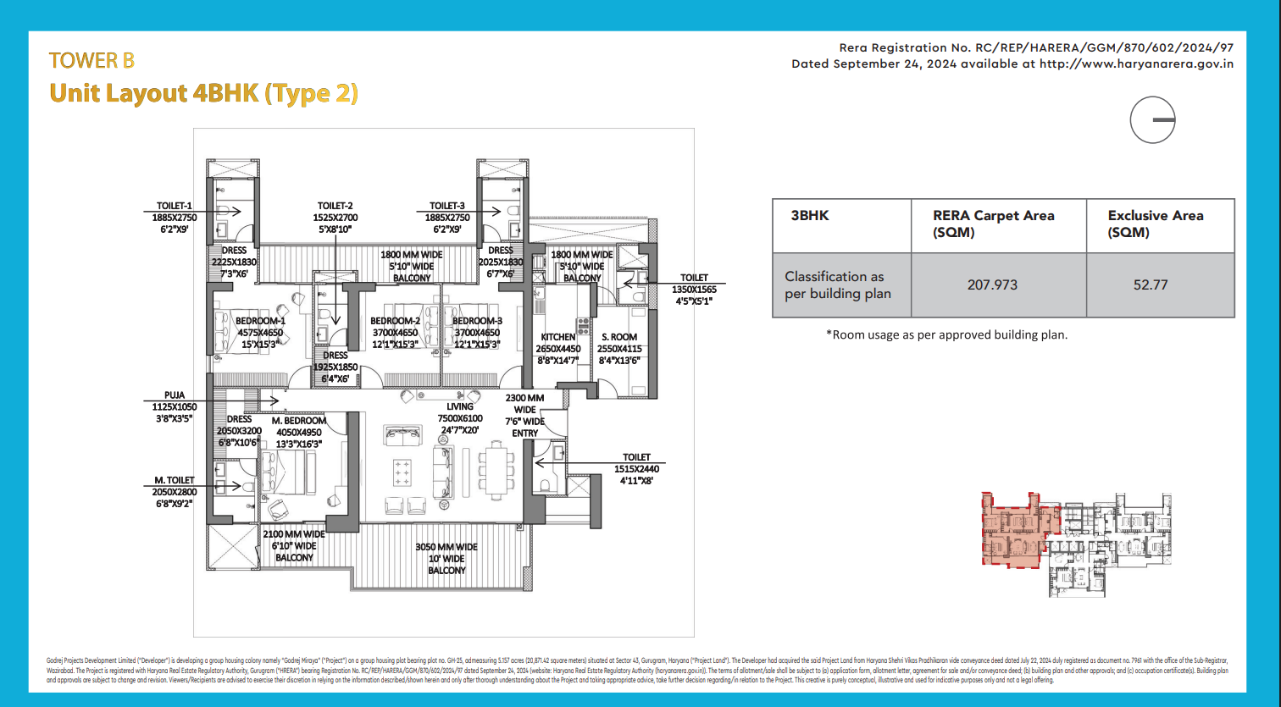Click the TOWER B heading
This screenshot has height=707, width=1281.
click(x=91, y=61)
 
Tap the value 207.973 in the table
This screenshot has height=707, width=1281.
click(x=992, y=284)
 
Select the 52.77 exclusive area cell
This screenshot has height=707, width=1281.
click(x=1150, y=284)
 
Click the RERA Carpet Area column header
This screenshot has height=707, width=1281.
click(x=993, y=224)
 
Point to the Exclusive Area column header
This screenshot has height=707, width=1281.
click(x=1155, y=224)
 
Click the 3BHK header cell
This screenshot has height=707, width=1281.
click(x=809, y=216)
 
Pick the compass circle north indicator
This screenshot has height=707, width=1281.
click(x=1152, y=120)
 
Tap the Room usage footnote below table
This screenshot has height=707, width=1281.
click(x=946, y=334)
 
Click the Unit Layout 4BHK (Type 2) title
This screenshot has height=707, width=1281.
click(x=203, y=93)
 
